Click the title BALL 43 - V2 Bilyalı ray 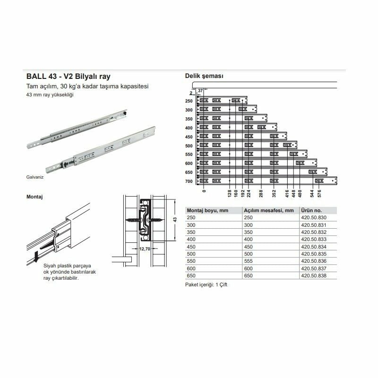pyautogui.click(x=69, y=77)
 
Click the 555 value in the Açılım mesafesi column pyautogui.click(x=249, y=261)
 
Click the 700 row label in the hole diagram pyautogui.click(x=189, y=181)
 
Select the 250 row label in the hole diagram pyautogui.click(x=189, y=101)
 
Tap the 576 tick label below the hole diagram pyautogui.click(x=319, y=194)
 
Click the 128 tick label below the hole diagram pyautogui.click(x=229, y=194)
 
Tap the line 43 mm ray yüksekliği pyautogui.click(x=50, y=95)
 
